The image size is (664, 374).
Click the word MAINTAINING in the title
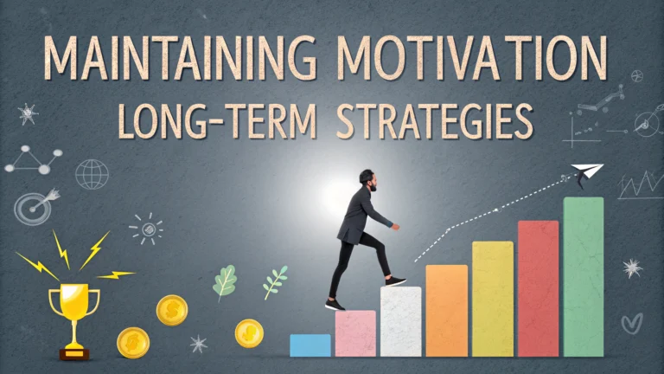click(x=181, y=58)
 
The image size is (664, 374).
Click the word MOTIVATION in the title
click(x=472, y=58)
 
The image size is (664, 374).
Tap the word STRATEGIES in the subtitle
click(x=435, y=121)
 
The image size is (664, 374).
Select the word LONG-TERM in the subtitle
click(x=217, y=121)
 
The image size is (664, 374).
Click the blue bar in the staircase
click(x=310, y=345)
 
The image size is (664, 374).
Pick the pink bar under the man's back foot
click(x=355, y=333)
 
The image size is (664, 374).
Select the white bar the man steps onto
click(x=400, y=321)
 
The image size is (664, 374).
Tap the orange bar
click(x=447, y=311)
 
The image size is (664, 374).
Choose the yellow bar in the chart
click(x=493, y=299)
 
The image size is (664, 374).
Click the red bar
click(x=539, y=288)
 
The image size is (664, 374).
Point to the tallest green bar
click(x=584, y=276)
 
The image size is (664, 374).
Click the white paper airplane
click(x=587, y=172)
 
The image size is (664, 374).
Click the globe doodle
click(x=92, y=174)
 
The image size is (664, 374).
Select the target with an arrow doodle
click(x=35, y=207)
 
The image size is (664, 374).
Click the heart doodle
click(x=632, y=324)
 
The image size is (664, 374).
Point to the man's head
click(x=367, y=180)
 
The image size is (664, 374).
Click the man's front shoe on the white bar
click(x=395, y=280)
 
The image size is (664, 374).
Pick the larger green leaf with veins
click(x=225, y=282)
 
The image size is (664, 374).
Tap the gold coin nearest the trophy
click(x=133, y=343)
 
